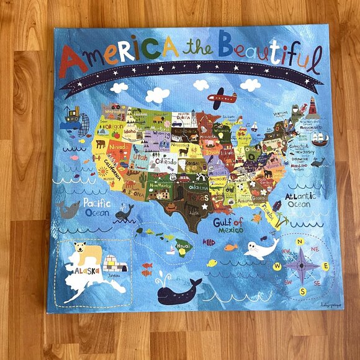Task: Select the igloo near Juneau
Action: point(115,264)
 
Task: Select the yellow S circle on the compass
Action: point(303,292)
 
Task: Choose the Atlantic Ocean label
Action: point(301,200)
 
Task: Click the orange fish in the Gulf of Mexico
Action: point(231,247)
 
